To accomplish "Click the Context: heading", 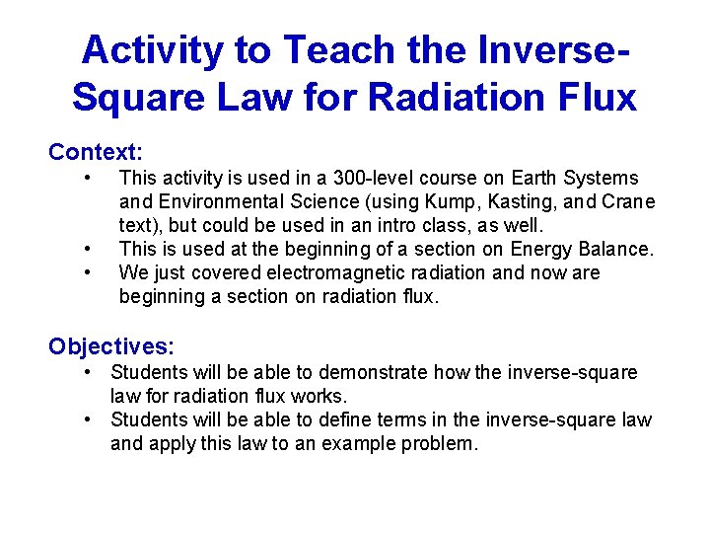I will coord(96,152).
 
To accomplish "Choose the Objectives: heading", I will coord(111,346).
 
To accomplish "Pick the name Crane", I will coord(626,202).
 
